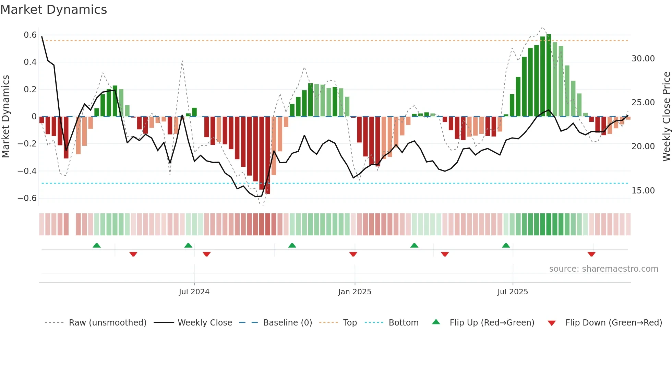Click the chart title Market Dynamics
click(53, 10)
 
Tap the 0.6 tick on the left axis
click(30, 35)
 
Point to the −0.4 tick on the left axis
click(27, 171)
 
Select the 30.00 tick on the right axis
click(643, 59)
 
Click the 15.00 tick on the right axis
click(643, 191)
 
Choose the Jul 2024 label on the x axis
click(194, 292)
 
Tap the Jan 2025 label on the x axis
click(355, 292)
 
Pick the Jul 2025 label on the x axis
click(513, 292)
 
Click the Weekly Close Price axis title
click(666, 117)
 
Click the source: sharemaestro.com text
click(603, 269)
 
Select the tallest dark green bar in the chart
click(549, 75)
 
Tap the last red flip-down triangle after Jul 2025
click(591, 254)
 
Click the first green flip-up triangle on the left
click(97, 245)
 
